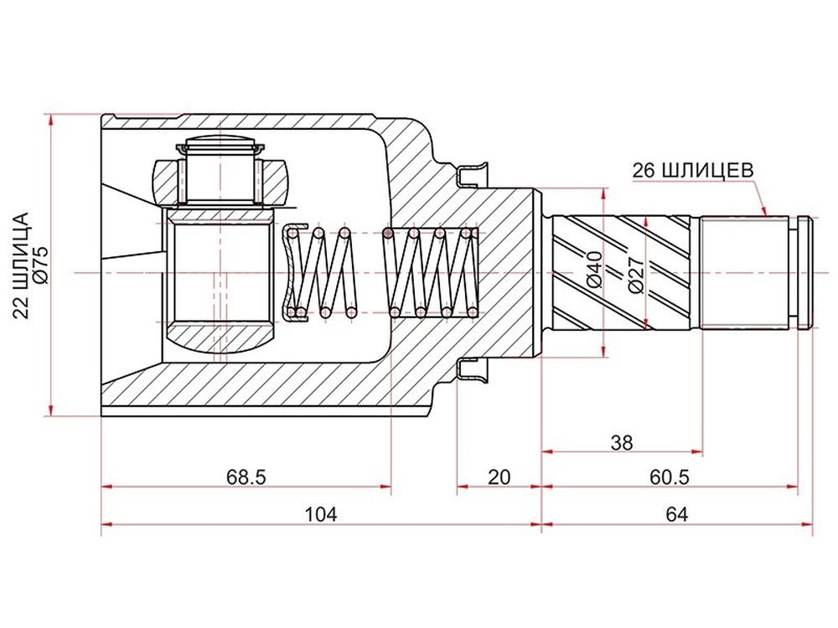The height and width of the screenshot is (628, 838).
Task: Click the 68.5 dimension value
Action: pos(246,476)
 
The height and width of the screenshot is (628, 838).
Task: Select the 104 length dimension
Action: pos(321,515)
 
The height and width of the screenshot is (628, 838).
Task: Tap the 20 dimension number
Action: pos(499,476)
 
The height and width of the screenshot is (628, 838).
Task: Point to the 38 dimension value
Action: pos(622,442)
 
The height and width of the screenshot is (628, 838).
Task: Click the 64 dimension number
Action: pos(677,515)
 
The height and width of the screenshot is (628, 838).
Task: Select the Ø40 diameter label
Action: pos(594,269)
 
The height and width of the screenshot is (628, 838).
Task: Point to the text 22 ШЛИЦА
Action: pos(21,265)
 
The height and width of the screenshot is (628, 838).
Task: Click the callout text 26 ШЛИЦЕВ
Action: pos(693,170)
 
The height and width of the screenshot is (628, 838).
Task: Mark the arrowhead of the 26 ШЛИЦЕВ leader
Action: pos(765,213)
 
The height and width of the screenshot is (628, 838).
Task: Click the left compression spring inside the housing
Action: pos(322,272)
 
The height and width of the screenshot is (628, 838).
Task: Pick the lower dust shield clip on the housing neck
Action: pos(473,369)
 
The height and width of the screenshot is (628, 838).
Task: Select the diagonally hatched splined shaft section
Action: pos(625,272)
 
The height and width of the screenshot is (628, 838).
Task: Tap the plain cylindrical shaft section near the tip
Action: pos(744,272)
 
